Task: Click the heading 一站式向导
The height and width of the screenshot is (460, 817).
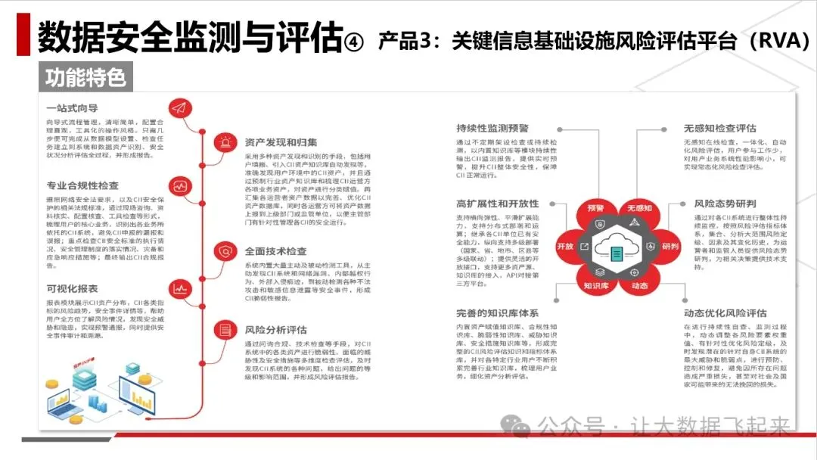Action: [72, 107]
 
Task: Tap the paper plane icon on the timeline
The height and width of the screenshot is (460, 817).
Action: [179, 107]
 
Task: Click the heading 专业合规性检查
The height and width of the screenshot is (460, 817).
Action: [82, 185]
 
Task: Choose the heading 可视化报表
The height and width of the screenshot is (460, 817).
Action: [72, 288]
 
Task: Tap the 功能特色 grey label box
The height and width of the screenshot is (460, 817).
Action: [85, 76]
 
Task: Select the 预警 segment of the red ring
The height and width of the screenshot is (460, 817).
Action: [595, 207]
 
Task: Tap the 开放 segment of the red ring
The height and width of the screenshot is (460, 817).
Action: [565, 247]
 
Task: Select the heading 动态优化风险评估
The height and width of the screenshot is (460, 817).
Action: [725, 313]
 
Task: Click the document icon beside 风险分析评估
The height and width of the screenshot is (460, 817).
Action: [225, 330]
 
